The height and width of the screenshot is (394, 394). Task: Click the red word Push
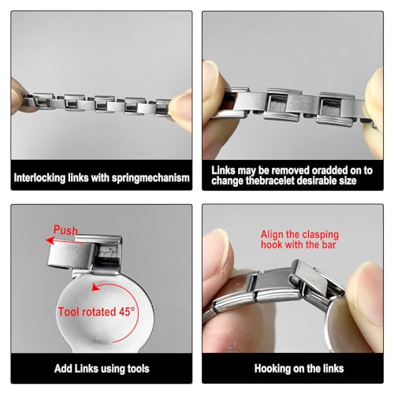[x=65, y=230]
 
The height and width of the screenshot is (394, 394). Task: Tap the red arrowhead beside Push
[x=50, y=240]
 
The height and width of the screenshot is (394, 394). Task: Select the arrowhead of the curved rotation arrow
[x=95, y=288]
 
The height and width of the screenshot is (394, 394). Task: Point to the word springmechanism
[x=151, y=178]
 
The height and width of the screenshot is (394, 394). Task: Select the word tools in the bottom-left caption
[x=138, y=369]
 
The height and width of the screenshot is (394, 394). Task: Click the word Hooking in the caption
[x=272, y=369]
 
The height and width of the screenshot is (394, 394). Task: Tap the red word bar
[x=329, y=245]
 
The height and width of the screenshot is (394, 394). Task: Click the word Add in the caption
[x=63, y=369]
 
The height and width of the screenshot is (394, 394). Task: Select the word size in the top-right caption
[x=349, y=180]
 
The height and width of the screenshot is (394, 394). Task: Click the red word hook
[x=272, y=245]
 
